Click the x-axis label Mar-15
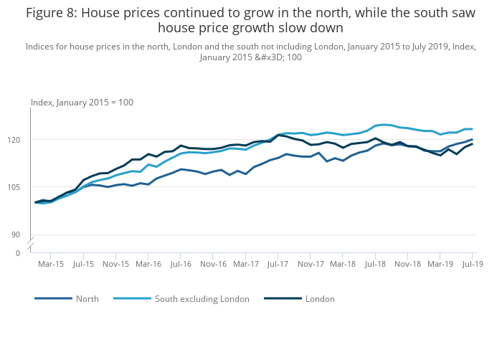pyautogui.click(x=51, y=264)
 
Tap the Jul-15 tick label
pyautogui.click(x=83, y=264)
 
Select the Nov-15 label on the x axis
pyautogui.click(x=115, y=264)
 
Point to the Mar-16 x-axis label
pyautogui.click(x=148, y=264)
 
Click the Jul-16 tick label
pyautogui.click(x=181, y=264)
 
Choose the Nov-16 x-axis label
pyautogui.click(x=213, y=264)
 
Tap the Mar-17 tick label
pyautogui.click(x=246, y=264)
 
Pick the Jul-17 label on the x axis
pyautogui.click(x=278, y=264)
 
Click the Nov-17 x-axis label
pyautogui.click(x=311, y=264)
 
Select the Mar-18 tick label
pyautogui.click(x=343, y=264)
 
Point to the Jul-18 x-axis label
pyautogui.click(x=375, y=264)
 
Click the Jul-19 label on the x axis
pyautogui.click(x=473, y=264)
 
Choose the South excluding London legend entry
pyautogui.click(x=202, y=298)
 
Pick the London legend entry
pyautogui.click(x=320, y=298)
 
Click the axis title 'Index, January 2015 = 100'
pyautogui.click(x=82, y=103)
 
